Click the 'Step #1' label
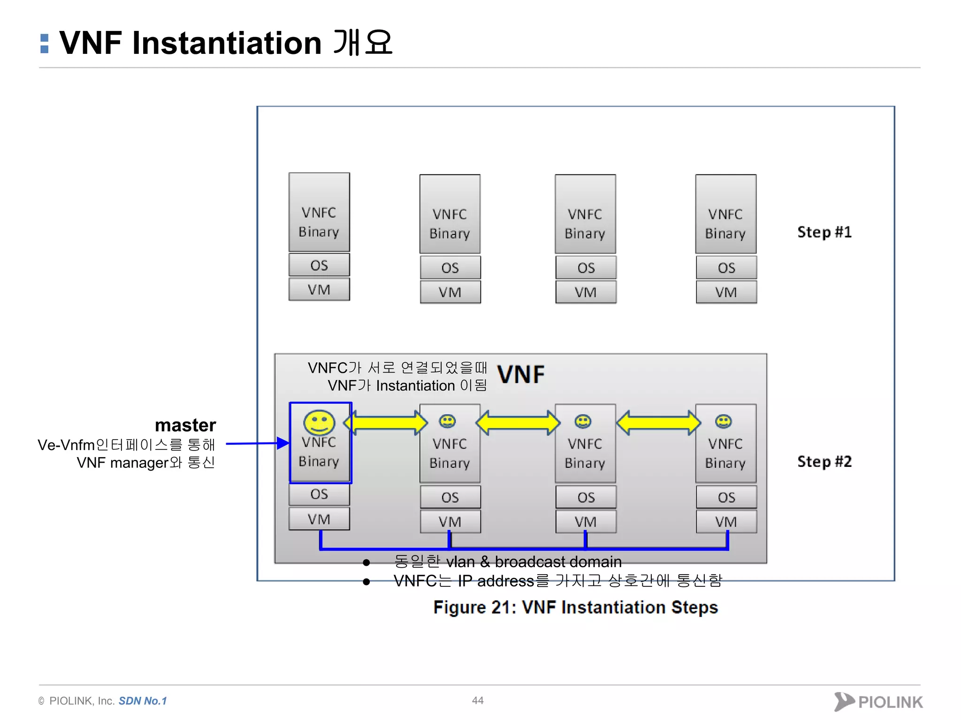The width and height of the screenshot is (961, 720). point(824,232)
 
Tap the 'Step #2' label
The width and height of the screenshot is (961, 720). point(824,462)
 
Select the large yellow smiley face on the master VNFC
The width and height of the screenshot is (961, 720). point(319,422)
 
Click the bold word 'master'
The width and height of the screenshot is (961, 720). point(185,425)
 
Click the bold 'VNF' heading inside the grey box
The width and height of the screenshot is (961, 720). point(521,375)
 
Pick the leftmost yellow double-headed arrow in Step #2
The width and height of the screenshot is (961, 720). point(386,423)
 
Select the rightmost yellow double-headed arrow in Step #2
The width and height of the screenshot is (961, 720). point(658,423)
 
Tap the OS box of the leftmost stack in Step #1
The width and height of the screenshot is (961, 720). point(319,265)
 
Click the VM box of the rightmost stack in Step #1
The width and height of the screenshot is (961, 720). point(726,292)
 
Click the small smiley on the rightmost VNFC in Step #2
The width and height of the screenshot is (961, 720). point(723,421)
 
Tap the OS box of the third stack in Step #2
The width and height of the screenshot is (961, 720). point(586,497)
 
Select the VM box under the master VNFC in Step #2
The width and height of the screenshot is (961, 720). point(319,519)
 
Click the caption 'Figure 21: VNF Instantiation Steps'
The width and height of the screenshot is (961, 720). point(575,607)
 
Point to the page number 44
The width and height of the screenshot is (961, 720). point(478,700)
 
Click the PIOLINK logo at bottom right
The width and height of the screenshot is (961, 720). point(878,702)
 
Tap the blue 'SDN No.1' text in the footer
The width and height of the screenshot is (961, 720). point(143,701)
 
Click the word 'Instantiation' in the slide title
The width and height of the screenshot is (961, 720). point(227,43)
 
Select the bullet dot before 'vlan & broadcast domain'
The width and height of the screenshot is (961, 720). point(366,562)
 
